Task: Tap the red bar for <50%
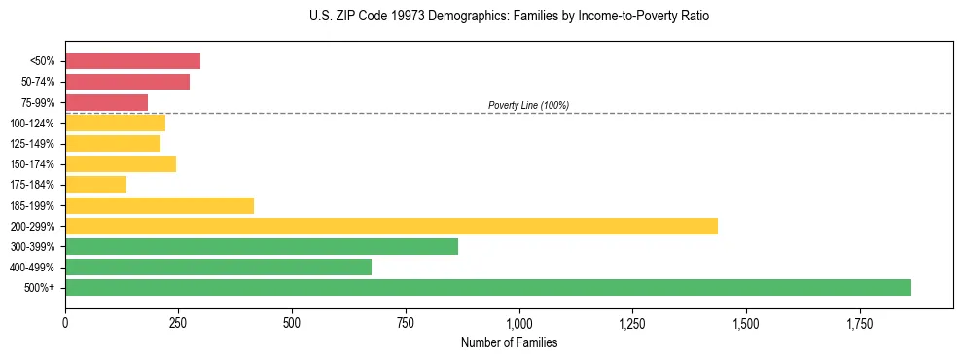[x=132, y=61]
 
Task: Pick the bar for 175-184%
[x=95, y=184]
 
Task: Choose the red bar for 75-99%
[x=106, y=102]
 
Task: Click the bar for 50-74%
[x=127, y=82]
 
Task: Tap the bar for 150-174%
[x=121, y=163]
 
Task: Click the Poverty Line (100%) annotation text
[x=528, y=105]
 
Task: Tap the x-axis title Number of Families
[x=509, y=342]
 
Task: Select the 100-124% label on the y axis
[x=32, y=124]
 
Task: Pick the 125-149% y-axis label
[x=32, y=144]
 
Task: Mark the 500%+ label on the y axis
[x=40, y=288]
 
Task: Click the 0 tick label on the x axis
[x=65, y=322]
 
